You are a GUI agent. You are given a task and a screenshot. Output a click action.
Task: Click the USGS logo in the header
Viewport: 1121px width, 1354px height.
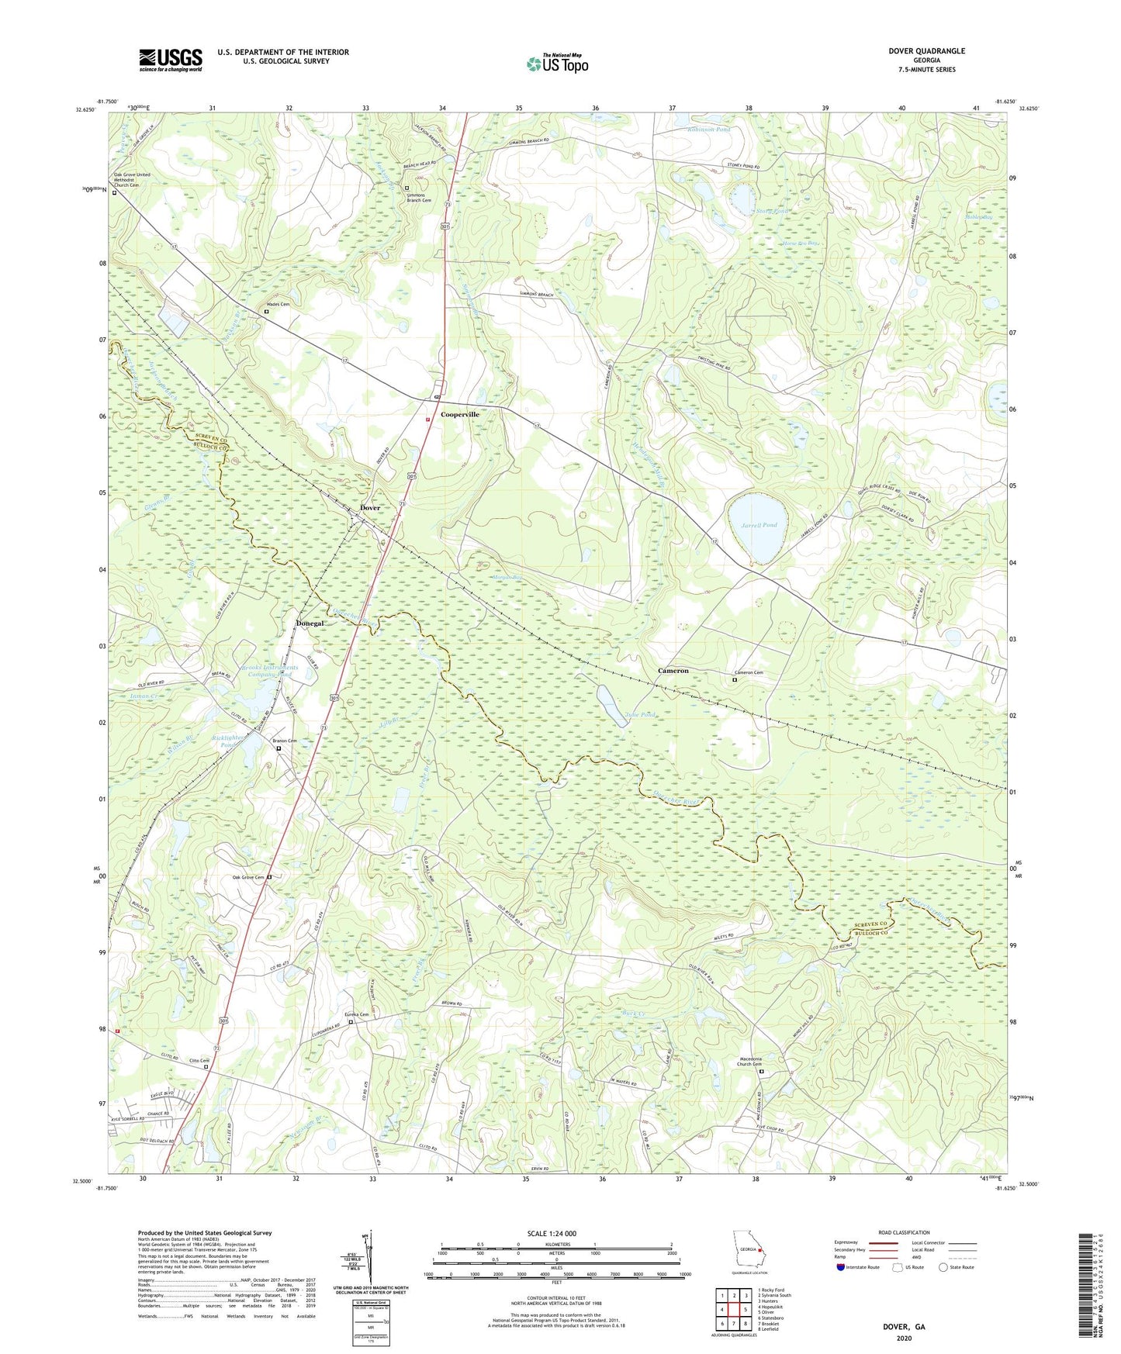pos(171,60)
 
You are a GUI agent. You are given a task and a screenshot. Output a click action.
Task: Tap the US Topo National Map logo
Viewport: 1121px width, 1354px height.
pos(557,64)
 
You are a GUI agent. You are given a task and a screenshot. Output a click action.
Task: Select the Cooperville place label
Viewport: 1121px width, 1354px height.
pos(460,415)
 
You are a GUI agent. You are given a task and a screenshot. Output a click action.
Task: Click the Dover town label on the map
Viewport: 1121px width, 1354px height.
pos(370,508)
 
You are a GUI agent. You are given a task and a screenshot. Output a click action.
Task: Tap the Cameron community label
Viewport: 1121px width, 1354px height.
pos(673,671)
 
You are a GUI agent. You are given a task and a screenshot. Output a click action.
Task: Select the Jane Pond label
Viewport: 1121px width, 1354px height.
pos(639,714)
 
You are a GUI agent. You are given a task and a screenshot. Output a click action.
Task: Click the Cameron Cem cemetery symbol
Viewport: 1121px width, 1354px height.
pos(735,680)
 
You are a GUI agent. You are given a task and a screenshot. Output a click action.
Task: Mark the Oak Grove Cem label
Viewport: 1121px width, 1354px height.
pos(248,877)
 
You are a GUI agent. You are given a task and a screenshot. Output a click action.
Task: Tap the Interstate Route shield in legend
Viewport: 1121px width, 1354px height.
pos(841,1267)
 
